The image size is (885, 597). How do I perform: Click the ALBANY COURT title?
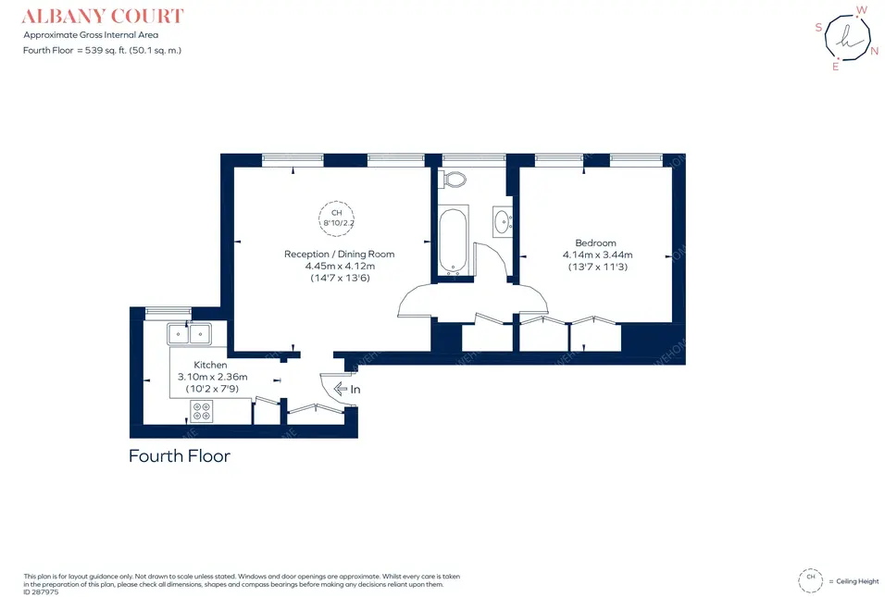tap(103, 17)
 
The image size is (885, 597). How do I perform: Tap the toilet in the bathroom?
tap(455, 179)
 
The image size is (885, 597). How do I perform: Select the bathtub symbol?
tap(454, 240)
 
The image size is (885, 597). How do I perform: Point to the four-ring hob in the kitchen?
tap(202, 411)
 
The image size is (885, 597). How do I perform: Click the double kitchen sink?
tap(189, 333)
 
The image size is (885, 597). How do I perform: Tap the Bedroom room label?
tap(595, 243)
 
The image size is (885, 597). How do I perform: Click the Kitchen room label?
tap(210, 365)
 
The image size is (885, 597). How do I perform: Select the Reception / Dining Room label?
tap(339, 254)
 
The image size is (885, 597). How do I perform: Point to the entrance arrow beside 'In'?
tap(341, 389)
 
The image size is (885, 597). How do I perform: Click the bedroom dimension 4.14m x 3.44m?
tap(597, 255)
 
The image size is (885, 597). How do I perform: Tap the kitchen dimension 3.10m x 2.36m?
tap(213, 377)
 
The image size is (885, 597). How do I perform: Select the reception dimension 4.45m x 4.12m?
tap(340, 266)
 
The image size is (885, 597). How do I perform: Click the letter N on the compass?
tap(874, 51)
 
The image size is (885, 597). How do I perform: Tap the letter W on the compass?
tap(861, 10)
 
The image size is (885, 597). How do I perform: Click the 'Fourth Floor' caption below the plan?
tap(180, 456)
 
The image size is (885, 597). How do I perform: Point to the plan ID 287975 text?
tap(41, 592)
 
